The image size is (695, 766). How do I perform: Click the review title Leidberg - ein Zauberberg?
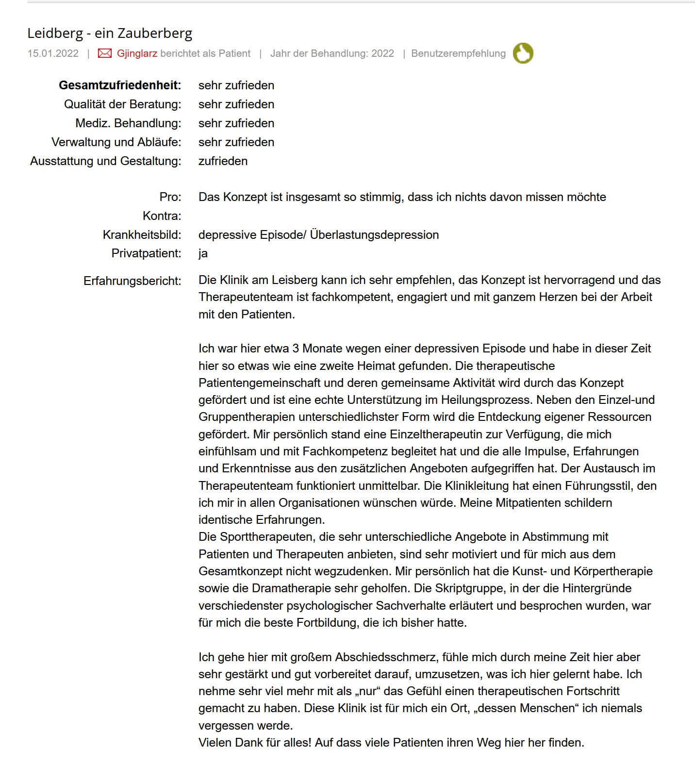point(110,33)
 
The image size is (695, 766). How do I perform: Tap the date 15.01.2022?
point(53,53)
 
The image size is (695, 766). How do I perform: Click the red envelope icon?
point(104,53)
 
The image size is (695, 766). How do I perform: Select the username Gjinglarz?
point(137,53)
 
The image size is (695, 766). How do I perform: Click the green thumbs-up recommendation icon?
point(523,53)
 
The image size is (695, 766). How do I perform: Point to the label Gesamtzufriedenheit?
point(120,85)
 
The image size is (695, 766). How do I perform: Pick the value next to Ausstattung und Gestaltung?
point(223,161)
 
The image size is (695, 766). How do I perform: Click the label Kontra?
point(162,216)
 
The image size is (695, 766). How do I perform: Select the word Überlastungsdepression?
point(374,235)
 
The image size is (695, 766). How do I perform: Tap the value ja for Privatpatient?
point(203,253)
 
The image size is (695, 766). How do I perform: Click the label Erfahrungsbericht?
point(132,281)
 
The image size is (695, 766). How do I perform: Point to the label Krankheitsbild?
point(142,235)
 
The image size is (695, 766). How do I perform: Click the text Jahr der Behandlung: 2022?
point(332,53)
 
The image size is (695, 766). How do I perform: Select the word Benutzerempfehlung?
point(458,53)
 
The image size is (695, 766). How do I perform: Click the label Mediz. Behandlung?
point(128,123)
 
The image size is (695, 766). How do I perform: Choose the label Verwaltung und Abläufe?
point(116,142)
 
